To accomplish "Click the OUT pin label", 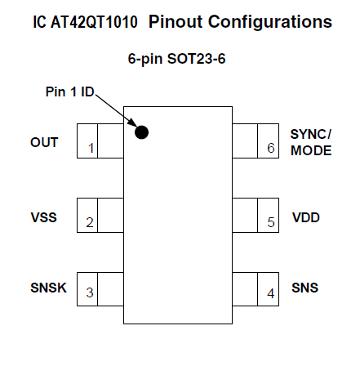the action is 44,142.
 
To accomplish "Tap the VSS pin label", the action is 44,217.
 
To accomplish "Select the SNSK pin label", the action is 48,288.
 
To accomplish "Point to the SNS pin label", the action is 304,288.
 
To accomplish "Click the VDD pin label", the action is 306,217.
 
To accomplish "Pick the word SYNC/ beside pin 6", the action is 311,134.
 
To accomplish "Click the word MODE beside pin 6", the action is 311,150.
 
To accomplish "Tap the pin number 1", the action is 91,149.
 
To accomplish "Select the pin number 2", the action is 90,222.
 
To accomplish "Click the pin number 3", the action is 90,292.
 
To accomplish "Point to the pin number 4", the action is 270,293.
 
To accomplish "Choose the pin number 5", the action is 271,222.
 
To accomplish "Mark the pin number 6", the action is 271,148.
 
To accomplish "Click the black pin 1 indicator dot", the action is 141,132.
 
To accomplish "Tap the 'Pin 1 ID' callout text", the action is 69,91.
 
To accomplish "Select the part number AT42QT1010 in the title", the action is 94,22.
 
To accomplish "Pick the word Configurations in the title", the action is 270,22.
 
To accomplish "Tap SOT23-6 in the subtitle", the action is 196,59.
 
